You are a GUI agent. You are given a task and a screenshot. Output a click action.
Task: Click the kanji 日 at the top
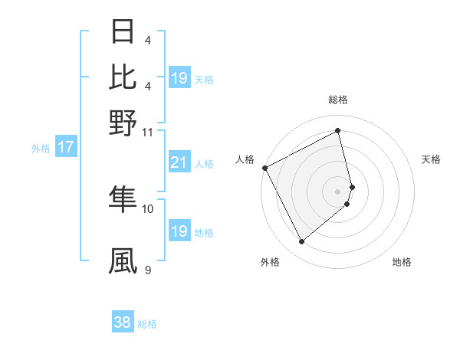point(123,32)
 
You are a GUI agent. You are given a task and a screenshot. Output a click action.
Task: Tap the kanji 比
point(123,77)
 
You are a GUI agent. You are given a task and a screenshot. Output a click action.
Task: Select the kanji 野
point(123,122)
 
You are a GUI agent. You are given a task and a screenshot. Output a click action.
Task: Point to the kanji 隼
point(123,198)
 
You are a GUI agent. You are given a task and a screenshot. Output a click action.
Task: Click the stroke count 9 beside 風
point(147,270)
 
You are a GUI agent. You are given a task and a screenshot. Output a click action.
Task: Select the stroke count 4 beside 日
point(147,41)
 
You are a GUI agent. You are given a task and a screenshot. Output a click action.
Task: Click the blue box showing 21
point(179,162)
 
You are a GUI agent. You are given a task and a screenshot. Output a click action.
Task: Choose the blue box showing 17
point(65,148)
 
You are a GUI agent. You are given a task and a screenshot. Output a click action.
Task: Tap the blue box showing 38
point(123,323)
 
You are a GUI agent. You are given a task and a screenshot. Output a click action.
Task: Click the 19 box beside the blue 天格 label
point(179,78)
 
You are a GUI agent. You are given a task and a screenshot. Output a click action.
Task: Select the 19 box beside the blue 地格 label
point(179,231)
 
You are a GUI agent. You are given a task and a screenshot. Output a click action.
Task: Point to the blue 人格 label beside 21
point(204,163)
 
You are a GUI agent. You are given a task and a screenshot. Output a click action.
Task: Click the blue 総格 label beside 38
point(147,324)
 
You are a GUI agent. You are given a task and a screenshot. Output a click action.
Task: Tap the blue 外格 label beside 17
point(41,149)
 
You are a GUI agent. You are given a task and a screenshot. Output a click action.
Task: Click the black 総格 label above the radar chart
point(337,100)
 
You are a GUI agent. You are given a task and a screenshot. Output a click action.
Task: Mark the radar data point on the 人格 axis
point(264,168)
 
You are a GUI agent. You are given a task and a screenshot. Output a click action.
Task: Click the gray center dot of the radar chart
point(337,191)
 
